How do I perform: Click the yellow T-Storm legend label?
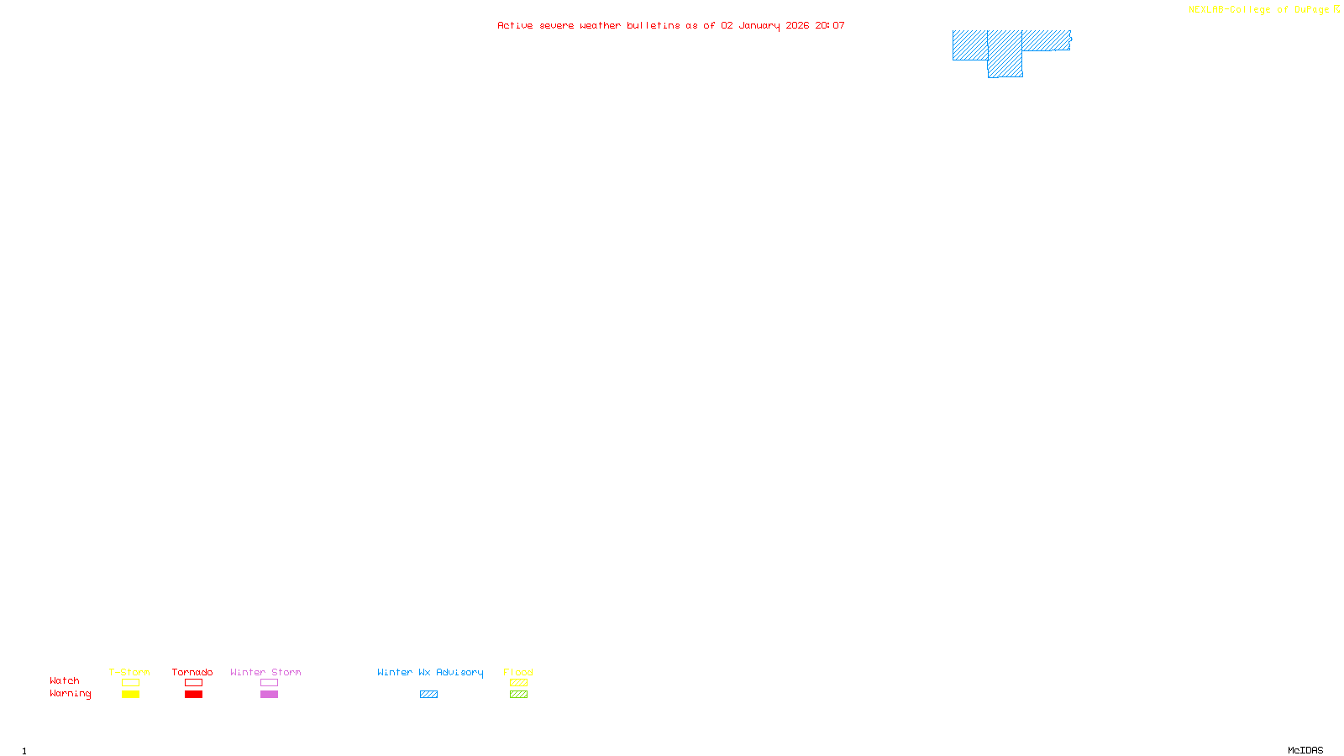coord(129,672)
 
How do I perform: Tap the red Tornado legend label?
coord(192,672)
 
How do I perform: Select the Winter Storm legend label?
coord(265,672)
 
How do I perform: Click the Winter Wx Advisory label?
coord(430,672)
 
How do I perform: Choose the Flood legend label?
coord(518,672)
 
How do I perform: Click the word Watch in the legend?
coord(65,680)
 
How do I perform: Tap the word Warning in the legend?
coord(70,694)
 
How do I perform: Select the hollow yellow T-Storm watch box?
coord(130,683)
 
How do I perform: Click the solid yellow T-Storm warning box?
coord(130,695)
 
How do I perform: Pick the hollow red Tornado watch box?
coord(193,683)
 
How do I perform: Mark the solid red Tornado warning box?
coord(193,695)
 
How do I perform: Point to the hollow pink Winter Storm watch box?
coord(269,683)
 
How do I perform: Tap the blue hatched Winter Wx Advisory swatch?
coord(428,695)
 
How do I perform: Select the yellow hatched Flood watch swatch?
coord(518,683)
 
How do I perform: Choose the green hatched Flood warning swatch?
coord(518,695)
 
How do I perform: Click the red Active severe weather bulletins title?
coord(671,25)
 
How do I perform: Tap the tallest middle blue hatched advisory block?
coord(1005,54)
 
